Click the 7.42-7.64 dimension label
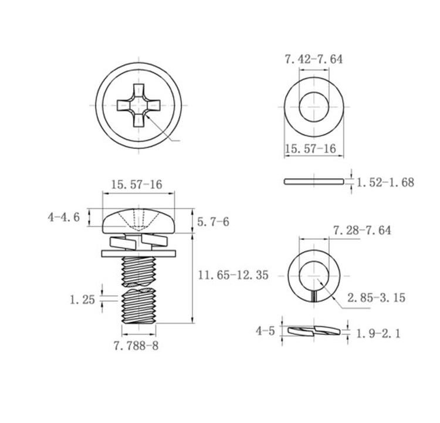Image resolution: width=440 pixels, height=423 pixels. pyautogui.click(x=314, y=59)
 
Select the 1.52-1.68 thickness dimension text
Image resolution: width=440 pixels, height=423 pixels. pyautogui.click(x=385, y=182)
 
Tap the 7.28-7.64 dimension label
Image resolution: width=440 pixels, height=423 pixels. pyautogui.click(x=362, y=230)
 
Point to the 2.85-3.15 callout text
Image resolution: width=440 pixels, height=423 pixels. pyautogui.click(x=376, y=297)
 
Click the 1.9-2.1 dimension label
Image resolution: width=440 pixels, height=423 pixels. pyautogui.click(x=378, y=334)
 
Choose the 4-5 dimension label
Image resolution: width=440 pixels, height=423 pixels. pyautogui.click(x=265, y=331)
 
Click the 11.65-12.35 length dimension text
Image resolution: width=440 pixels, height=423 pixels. pyautogui.click(x=233, y=275)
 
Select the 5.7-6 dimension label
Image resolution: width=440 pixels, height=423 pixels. pyautogui.click(x=213, y=222)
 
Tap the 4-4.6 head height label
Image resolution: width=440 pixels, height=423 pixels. pyautogui.click(x=64, y=217)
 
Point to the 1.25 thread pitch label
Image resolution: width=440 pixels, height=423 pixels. pyautogui.click(x=82, y=300)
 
